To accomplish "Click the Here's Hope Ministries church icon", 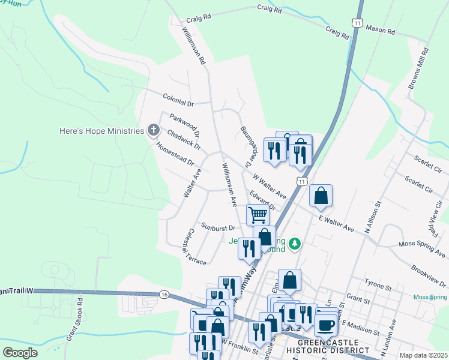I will tap(154, 130).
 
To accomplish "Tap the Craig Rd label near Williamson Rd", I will tap(199, 18).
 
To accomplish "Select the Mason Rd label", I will tap(381, 29).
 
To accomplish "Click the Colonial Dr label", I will tap(178, 99).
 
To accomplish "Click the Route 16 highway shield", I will tap(164, 294).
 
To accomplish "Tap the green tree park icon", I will tap(294, 244).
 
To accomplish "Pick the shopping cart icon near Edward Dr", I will tap(258, 214).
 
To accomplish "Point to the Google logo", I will tap(20, 353).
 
